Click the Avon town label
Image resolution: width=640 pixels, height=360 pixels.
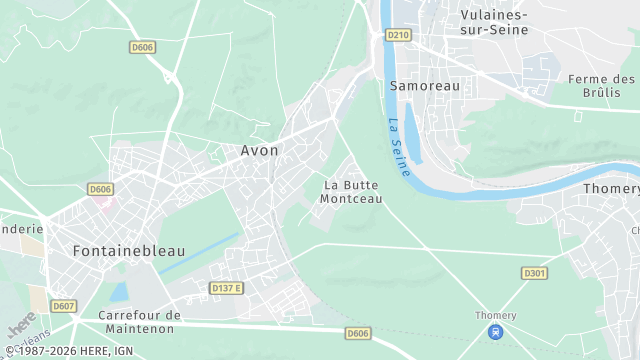[259, 151]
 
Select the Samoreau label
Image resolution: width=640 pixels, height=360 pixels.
[425, 86]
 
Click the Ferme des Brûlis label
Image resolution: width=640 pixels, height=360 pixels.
[601, 85]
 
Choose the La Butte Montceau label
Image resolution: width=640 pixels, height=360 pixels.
[350, 192]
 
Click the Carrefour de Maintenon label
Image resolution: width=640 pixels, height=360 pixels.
[140, 322]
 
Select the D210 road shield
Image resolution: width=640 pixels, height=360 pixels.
[398, 35]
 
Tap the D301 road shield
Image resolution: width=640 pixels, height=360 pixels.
[534, 272]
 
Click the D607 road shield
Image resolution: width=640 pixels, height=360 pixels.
[64, 306]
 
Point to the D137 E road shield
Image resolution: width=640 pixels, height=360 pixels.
[227, 288]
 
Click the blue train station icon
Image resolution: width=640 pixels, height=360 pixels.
[495, 332]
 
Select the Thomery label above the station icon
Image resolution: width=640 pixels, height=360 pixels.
[495, 316]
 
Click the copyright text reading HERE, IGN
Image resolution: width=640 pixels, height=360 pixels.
[72, 352]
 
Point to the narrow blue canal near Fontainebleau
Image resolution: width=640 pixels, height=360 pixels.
[200, 253]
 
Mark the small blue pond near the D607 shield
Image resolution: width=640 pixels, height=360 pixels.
[119, 293]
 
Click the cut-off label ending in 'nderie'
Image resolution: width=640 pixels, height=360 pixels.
[22, 228]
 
